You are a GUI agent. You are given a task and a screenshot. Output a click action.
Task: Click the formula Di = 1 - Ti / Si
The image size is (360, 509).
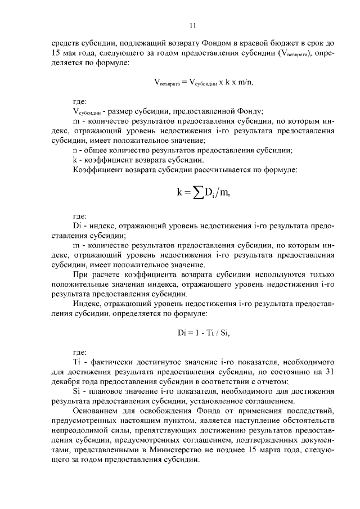(x=204, y=332)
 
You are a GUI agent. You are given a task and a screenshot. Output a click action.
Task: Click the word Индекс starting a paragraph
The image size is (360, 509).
(x=88, y=304)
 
